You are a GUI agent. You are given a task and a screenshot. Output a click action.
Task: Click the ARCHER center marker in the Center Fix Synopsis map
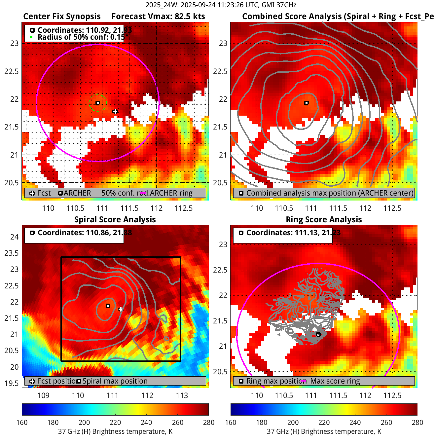[x=98, y=103]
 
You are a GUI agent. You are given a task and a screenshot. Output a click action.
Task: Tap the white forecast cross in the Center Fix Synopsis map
[x=115, y=112]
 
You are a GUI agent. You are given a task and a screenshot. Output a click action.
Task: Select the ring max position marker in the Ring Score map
[x=318, y=335]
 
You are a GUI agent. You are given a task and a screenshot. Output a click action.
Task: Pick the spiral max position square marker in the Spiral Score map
[x=108, y=306]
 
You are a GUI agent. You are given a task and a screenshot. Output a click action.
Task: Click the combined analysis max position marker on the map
[x=307, y=103]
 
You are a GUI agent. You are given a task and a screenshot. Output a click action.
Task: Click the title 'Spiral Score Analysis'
[x=115, y=219]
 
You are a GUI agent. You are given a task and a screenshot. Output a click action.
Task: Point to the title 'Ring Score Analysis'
[x=324, y=219]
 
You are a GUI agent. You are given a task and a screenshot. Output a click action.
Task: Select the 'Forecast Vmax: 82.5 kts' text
[x=158, y=17]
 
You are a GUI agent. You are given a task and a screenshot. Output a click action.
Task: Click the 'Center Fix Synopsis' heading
[x=62, y=17]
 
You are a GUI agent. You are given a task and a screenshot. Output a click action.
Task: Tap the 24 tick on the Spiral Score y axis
[x=14, y=237]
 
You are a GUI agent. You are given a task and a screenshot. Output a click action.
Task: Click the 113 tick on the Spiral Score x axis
[x=182, y=395]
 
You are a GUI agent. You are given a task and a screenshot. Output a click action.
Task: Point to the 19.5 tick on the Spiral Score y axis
[x=12, y=383]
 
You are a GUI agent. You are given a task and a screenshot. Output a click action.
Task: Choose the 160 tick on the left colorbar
[x=22, y=422]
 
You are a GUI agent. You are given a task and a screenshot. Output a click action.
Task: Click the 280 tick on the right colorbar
[x=417, y=422]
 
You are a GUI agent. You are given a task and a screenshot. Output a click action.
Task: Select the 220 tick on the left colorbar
[x=115, y=422]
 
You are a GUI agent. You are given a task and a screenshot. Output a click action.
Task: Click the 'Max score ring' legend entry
[x=335, y=381]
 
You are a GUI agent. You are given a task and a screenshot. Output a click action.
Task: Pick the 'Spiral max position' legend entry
[x=115, y=381]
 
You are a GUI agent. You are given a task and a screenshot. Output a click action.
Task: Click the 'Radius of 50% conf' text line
[x=81, y=37]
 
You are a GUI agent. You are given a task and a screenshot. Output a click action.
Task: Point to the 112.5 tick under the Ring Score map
[x=392, y=395]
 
